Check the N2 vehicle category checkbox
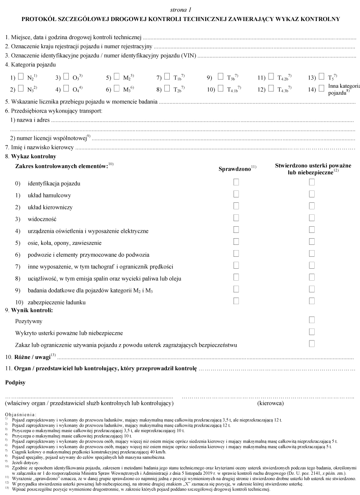tap(21, 76)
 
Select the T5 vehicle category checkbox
tap(321, 76)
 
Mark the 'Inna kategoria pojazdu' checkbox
tap(321, 88)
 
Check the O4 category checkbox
tap(66, 88)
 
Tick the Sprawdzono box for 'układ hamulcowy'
tap(236, 194)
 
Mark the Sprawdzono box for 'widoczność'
tap(236, 218)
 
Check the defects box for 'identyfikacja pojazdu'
tap(312, 182)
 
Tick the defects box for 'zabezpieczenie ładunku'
tap(312, 301)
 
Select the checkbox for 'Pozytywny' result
tap(312, 320)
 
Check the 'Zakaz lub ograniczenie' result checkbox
tap(312, 344)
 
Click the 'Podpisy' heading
tap(15, 382)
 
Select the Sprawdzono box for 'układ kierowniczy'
tap(236, 206)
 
